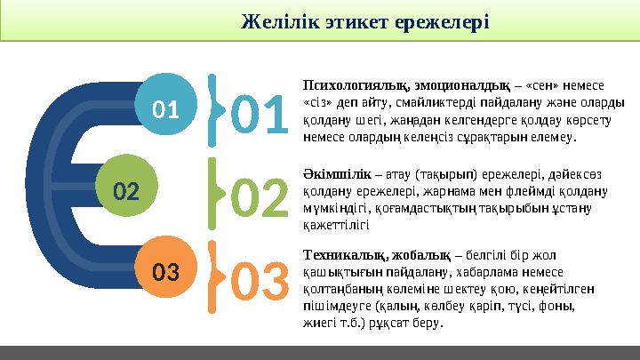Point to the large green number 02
tap(260, 197)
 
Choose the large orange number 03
tap(261, 280)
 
